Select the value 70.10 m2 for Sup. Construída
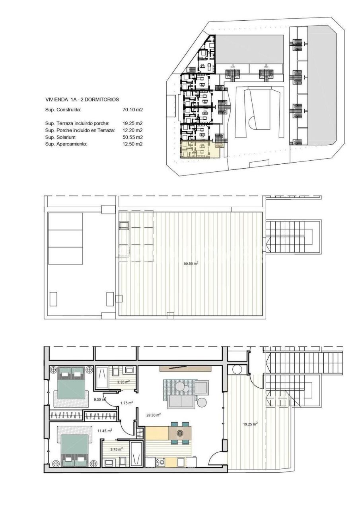(133, 109)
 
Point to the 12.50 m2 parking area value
(133, 144)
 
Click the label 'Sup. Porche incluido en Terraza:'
(80, 130)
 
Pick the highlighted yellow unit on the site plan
(200, 149)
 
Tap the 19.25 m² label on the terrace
(250, 424)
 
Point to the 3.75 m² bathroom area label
(116, 449)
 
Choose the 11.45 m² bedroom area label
(105, 430)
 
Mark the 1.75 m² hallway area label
(126, 402)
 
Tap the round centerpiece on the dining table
(180, 433)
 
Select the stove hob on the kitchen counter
(161, 462)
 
